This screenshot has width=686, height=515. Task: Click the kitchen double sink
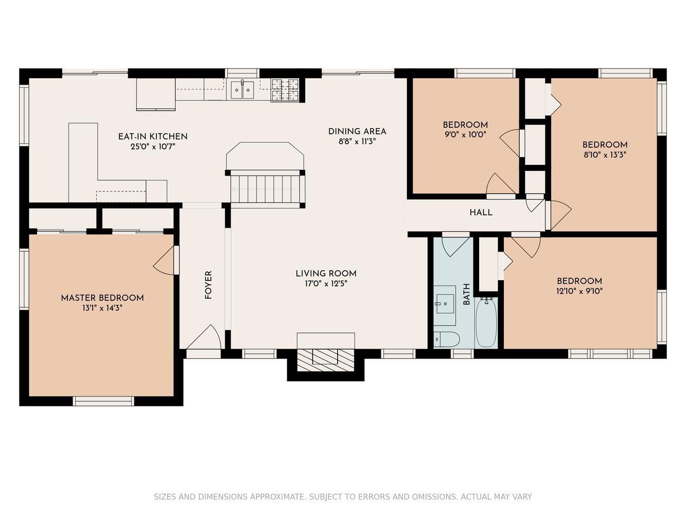pyautogui.click(x=242, y=90)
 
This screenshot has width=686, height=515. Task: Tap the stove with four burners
pyautogui.click(x=285, y=90)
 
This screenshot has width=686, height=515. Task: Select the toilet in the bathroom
pyautogui.click(x=447, y=339)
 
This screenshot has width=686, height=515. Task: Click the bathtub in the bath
pyautogui.click(x=486, y=322)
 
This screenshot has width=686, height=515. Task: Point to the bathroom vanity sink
pyautogui.click(x=445, y=305)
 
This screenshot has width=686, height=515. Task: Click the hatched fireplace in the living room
pyautogui.click(x=325, y=360)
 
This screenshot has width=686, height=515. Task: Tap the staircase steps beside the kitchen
pyautogui.click(x=265, y=189)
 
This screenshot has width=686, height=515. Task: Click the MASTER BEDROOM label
pyautogui.click(x=102, y=298)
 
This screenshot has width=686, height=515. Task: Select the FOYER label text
pyautogui.click(x=208, y=285)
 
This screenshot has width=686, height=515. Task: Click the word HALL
pyautogui.click(x=481, y=213)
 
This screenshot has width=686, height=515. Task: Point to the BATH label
pyautogui.click(x=466, y=294)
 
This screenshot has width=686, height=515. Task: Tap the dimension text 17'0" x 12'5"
pyautogui.click(x=326, y=284)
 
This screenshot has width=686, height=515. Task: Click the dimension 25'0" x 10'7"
pyautogui.click(x=153, y=147)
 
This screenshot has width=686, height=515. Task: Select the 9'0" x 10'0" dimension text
pyautogui.click(x=465, y=135)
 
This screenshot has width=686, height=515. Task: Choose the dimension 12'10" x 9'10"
pyautogui.click(x=579, y=291)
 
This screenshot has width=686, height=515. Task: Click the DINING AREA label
pyautogui.click(x=357, y=132)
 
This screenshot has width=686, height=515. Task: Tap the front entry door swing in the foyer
pyautogui.click(x=204, y=337)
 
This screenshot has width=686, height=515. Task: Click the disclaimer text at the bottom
pyautogui.click(x=343, y=496)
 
